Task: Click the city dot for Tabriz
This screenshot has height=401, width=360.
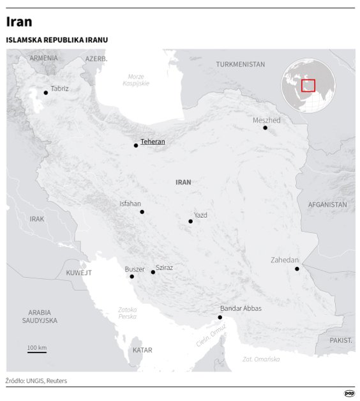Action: pyautogui.click(x=45, y=93)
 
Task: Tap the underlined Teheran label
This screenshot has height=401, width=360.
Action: pyautogui.click(x=153, y=142)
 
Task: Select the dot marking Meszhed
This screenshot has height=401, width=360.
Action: pyautogui.click(x=266, y=128)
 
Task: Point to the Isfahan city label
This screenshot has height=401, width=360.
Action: pyautogui.click(x=130, y=204)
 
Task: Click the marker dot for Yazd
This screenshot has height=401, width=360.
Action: pyautogui.click(x=190, y=222)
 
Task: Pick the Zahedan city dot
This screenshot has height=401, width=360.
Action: pyautogui.click(x=297, y=269)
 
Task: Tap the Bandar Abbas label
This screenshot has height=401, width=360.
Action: pyautogui.click(x=241, y=308)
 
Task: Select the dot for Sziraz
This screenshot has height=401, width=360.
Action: pyautogui.click(x=153, y=273)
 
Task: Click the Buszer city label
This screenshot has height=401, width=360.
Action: pyautogui.click(x=135, y=269)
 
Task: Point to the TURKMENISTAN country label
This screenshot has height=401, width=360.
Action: pyautogui.click(x=240, y=64)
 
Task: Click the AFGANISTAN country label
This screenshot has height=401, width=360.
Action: pyautogui.click(x=327, y=205)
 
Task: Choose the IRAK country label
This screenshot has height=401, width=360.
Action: pyautogui.click(x=37, y=218)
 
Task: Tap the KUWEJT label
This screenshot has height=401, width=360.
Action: pyautogui.click(x=79, y=273)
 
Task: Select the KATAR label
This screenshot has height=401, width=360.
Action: pyautogui.click(x=142, y=351)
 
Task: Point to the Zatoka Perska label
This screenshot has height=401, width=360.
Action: pyautogui.click(x=127, y=314)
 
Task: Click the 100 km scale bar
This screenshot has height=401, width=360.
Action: pyautogui.click(x=37, y=351)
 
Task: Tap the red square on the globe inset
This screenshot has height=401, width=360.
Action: pyautogui.click(x=308, y=86)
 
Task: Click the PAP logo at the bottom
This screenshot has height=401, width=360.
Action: pyautogui.click(x=349, y=394)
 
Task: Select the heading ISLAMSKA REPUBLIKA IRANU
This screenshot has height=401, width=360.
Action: pyautogui.click(x=57, y=40)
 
